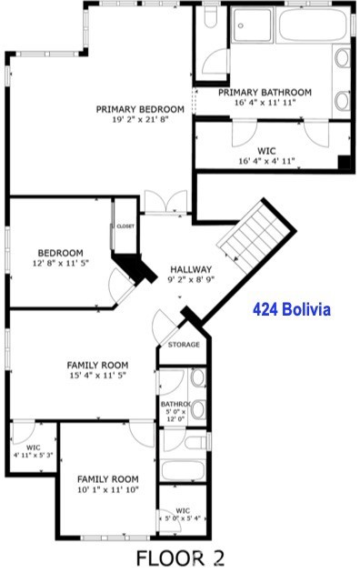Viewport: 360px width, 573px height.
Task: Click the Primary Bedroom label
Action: pyautogui.click(x=141, y=109)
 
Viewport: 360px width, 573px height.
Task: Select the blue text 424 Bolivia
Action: pyautogui.click(x=291, y=310)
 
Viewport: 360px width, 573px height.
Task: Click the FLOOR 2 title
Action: pyautogui.click(x=180, y=557)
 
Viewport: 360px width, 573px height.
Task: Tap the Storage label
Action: pyautogui.click(x=184, y=345)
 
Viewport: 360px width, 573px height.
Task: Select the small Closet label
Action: pyautogui.click(x=125, y=226)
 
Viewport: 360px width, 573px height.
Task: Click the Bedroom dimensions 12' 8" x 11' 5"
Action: pyautogui.click(x=61, y=264)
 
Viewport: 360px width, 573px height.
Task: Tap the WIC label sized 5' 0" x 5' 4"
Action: pyautogui.click(x=183, y=511)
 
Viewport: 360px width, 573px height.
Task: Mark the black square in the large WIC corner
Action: pyautogui.click(x=345, y=163)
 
